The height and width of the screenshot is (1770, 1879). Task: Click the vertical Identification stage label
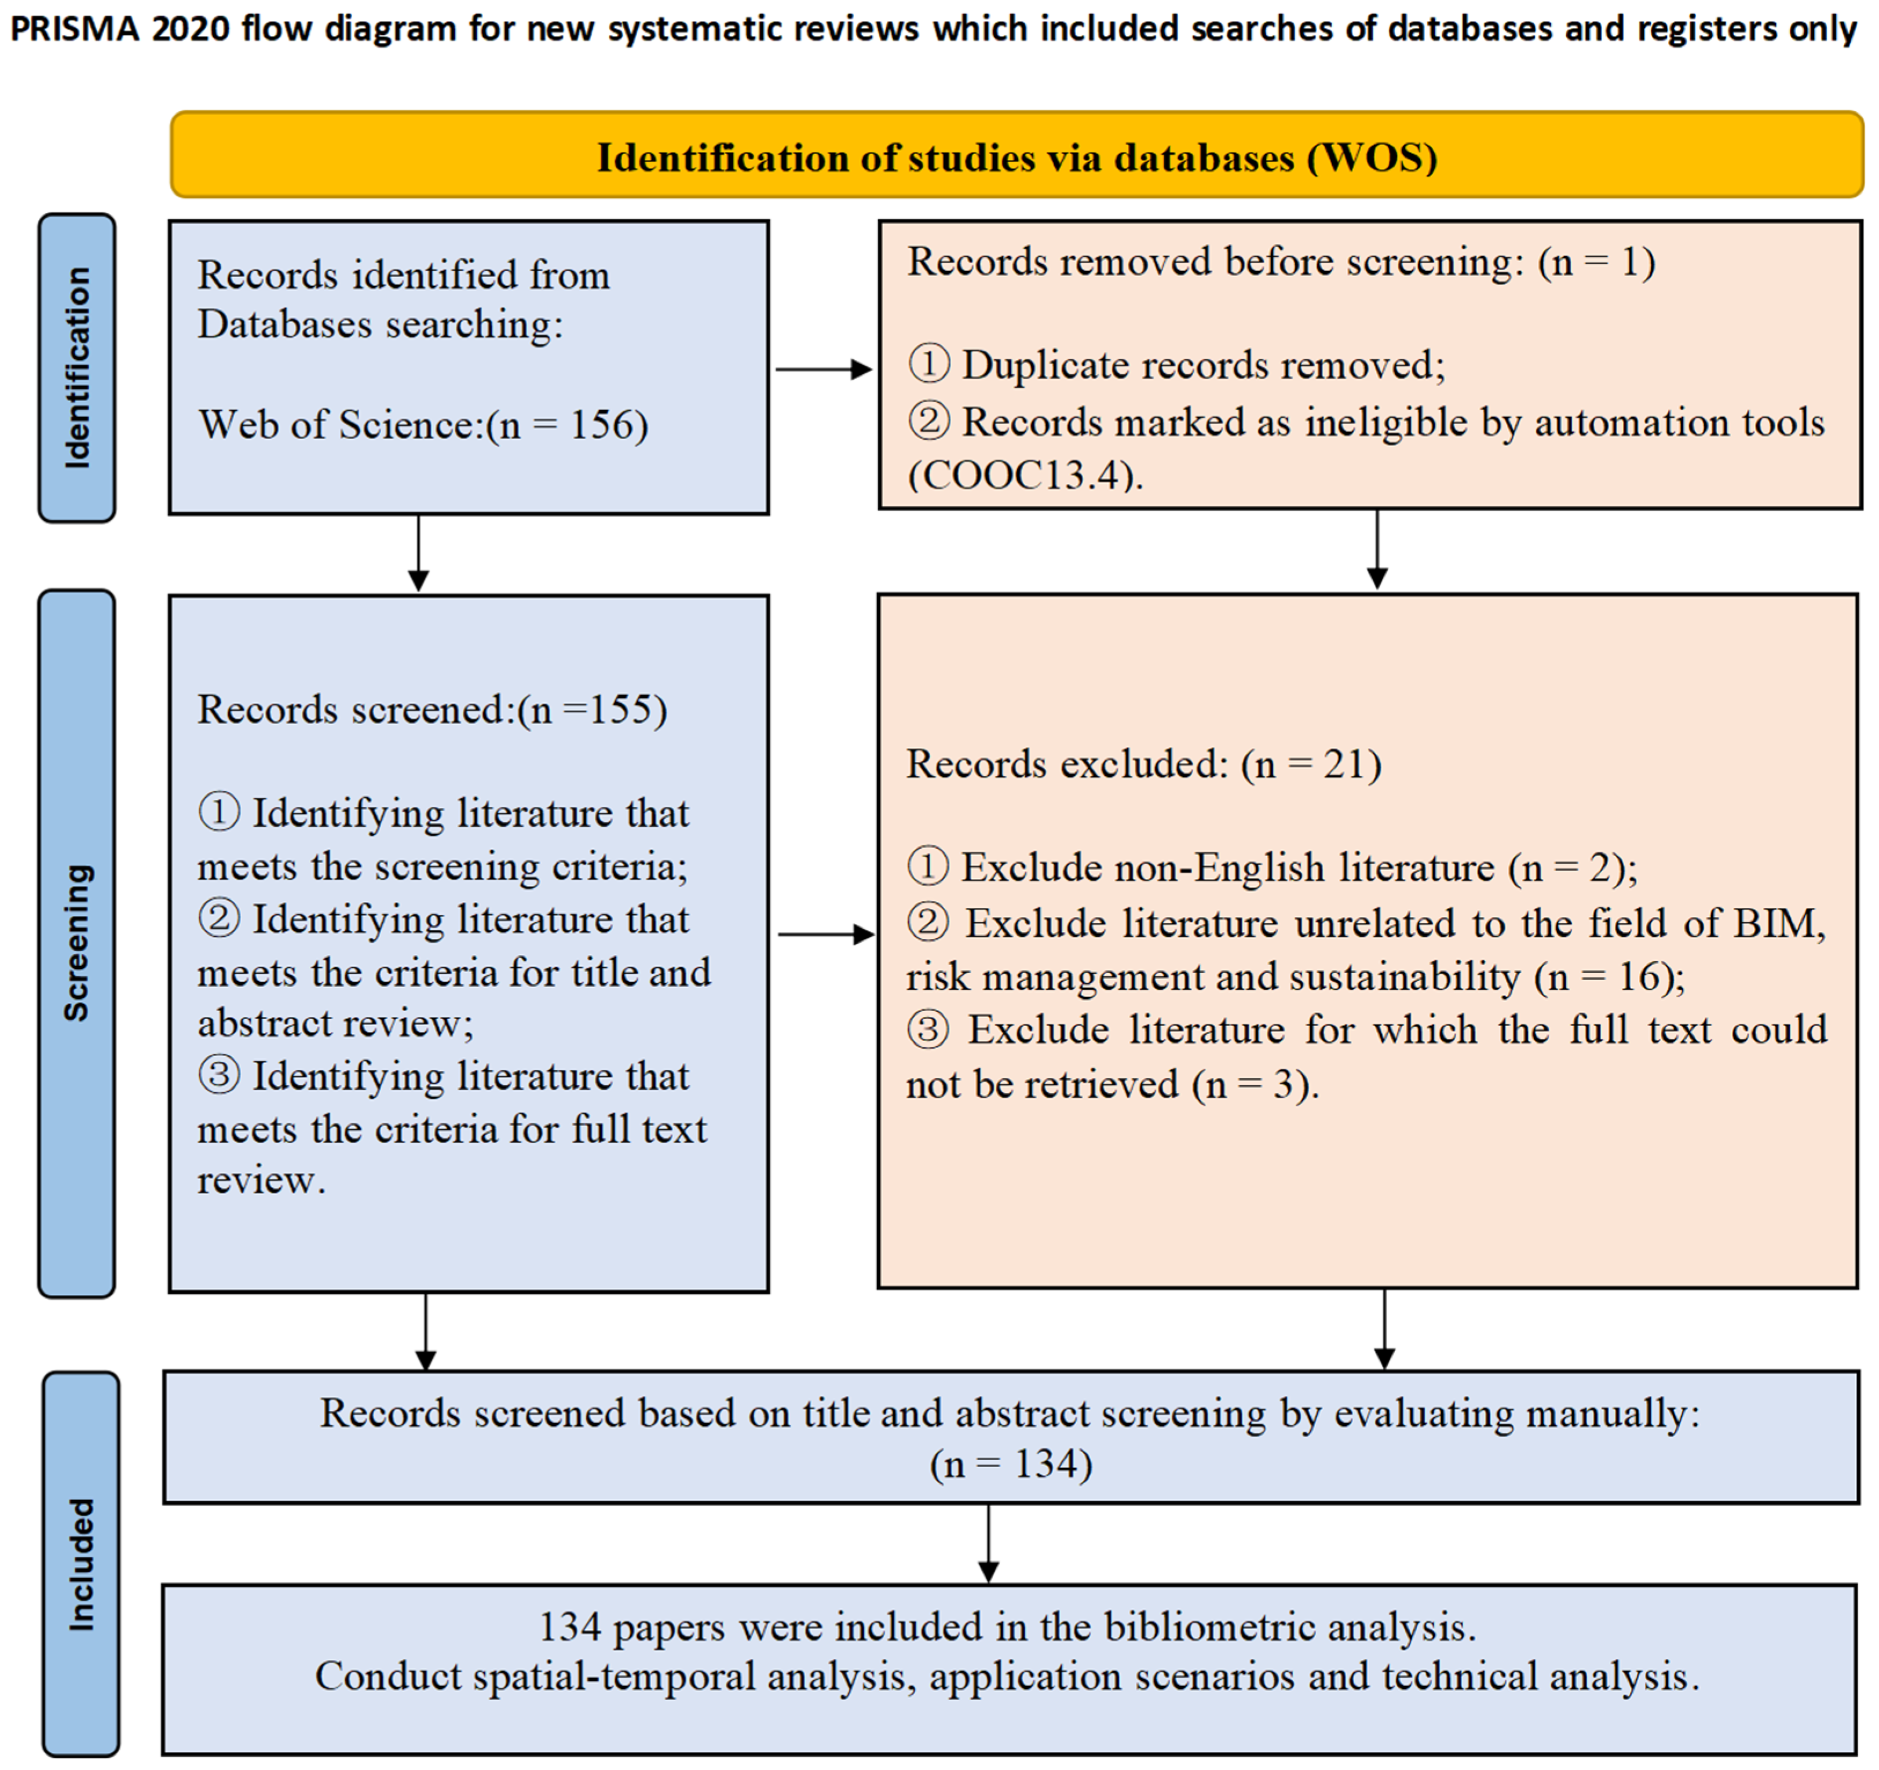pyautogui.click(x=78, y=368)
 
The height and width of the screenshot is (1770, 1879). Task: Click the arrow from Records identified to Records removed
pyautogui.click(x=822, y=370)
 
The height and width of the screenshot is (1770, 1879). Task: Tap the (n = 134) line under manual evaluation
pyautogui.click(x=1010, y=1465)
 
